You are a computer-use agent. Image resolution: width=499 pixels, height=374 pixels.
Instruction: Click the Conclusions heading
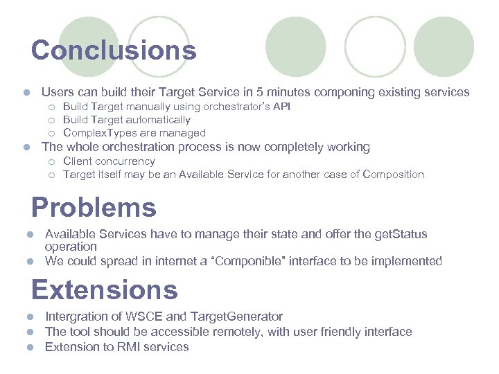coord(114,51)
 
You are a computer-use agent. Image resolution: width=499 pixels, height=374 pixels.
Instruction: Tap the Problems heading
coord(94,207)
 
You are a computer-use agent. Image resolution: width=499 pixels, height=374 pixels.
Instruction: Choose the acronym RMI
coord(117,347)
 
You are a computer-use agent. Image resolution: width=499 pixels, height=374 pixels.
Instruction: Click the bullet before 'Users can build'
coord(26,93)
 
